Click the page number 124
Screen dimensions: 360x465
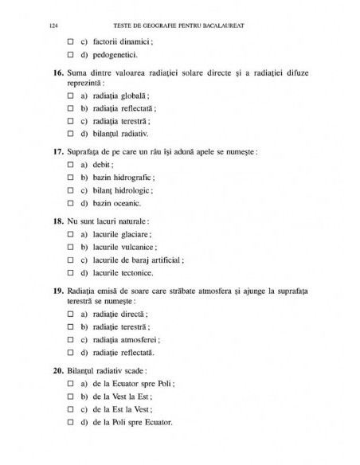coord(53,25)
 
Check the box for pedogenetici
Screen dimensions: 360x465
coord(70,56)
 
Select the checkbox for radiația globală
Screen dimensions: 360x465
coord(70,94)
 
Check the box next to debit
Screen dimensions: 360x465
coord(70,165)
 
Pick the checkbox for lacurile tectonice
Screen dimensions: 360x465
coord(70,273)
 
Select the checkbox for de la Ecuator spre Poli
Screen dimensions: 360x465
coord(70,383)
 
